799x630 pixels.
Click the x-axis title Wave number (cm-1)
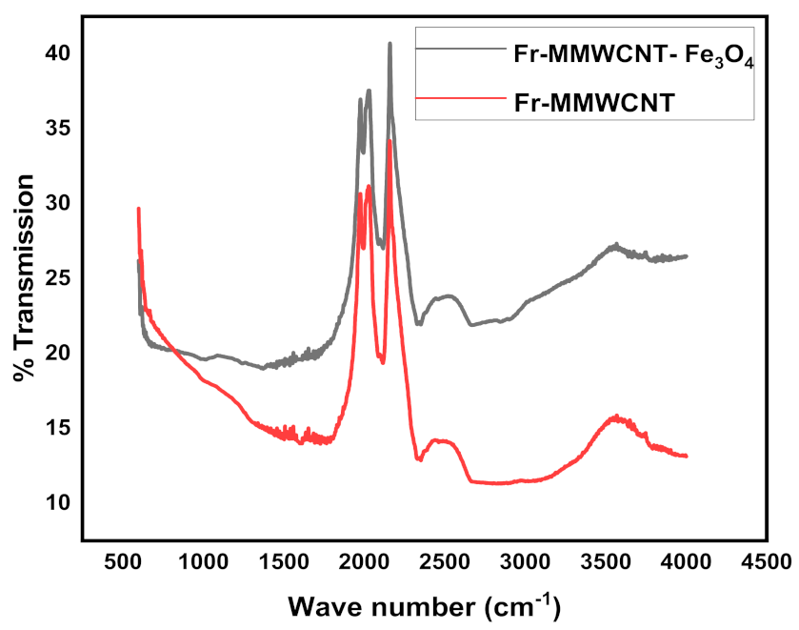[425, 604]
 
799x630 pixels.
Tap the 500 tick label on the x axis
[122, 561]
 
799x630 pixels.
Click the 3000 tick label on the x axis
[525, 561]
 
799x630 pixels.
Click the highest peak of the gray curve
[390, 44]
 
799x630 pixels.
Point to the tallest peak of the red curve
[390, 141]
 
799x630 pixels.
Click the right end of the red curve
[686, 457]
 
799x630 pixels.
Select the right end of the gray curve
[686, 256]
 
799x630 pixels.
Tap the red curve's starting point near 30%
[139, 209]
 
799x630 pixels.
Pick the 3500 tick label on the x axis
[605, 561]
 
